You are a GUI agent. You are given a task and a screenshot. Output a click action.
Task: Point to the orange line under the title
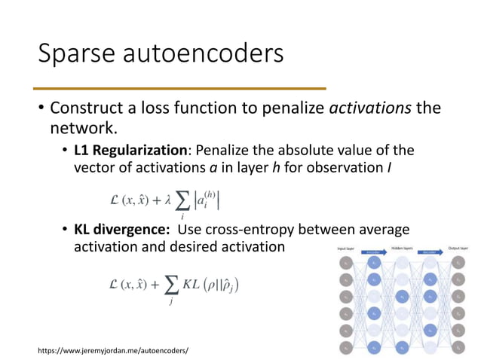[181, 89]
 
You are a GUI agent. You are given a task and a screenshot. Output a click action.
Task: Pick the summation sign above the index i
[181, 201]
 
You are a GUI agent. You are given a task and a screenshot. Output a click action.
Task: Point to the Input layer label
[345, 246]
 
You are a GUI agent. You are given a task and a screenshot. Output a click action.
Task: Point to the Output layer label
[459, 246]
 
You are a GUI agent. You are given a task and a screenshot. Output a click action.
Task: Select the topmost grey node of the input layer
[345, 263]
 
